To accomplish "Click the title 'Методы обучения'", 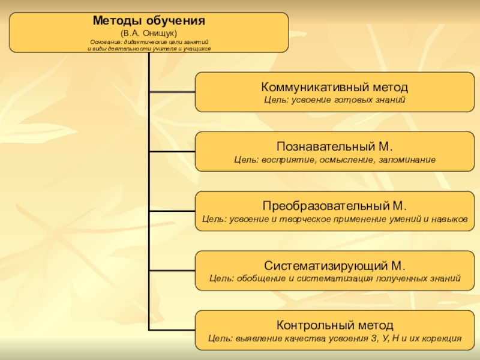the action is click(149, 20).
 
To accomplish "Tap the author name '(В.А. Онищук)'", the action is click(149, 32).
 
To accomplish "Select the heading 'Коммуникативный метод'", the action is click(335, 87).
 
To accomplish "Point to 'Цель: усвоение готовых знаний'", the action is click(335, 99).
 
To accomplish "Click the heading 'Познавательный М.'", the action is click(335, 146).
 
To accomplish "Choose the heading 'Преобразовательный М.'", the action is click(335, 206).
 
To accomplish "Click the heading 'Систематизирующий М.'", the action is click(335, 265).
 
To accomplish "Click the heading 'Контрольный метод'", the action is click(335, 325).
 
